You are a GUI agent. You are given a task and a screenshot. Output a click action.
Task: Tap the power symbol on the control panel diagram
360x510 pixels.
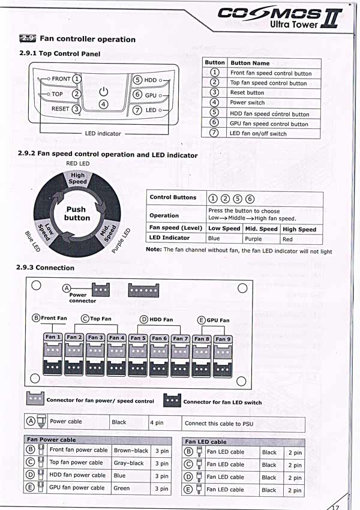pos(103,91)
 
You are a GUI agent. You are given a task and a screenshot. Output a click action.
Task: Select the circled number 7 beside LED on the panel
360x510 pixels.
pos(137,110)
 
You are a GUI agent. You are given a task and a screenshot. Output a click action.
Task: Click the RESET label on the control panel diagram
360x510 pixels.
pos(60,109)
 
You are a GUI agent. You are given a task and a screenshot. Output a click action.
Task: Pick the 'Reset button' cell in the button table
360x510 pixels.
pos(247,93)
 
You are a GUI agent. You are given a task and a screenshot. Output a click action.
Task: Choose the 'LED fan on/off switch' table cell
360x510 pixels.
pos(258,134)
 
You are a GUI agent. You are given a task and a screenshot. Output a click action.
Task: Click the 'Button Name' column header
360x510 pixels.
pos(250,63)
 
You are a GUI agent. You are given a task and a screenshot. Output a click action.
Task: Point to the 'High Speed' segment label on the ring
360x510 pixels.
pos(77,179)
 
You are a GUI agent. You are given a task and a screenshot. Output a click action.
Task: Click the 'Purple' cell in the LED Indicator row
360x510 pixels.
pos(253,238)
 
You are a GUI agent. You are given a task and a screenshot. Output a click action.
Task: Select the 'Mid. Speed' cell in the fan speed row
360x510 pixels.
pos(261,229)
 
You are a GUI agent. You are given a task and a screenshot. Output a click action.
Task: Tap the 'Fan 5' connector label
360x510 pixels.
pos(138,338)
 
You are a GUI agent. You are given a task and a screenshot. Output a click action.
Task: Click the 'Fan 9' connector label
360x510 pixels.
pos(222,339)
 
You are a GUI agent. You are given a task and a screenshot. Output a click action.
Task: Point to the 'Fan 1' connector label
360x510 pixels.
pos(53,337)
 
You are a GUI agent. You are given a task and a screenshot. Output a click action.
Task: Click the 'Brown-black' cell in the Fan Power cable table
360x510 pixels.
pos(131,450)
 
